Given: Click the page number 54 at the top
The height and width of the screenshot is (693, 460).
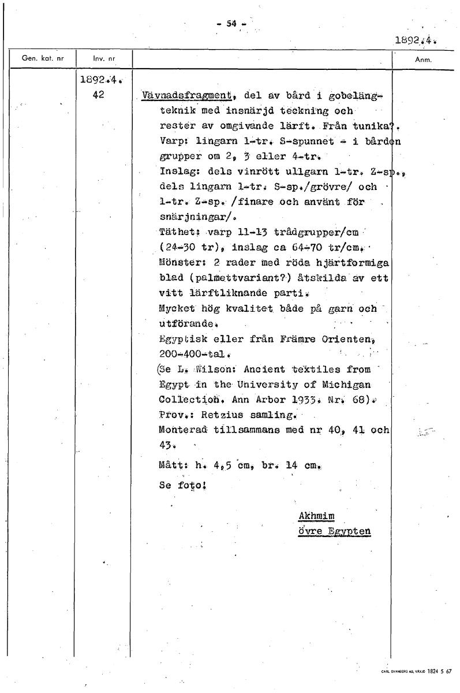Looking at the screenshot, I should [231, 24].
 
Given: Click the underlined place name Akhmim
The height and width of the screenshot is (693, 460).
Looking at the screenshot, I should [317, 516].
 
